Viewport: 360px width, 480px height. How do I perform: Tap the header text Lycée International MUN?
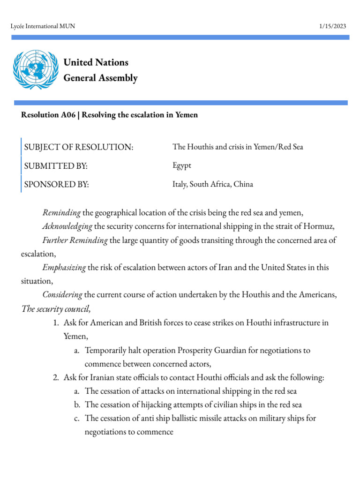point(43,26)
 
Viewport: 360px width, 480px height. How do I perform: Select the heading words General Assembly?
point(100,78)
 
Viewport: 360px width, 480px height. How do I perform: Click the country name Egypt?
point(182,165)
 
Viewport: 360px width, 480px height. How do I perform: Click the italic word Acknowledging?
point(67,227)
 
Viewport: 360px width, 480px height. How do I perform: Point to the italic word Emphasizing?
point(64,268)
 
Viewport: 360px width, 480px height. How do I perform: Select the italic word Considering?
point(62,295)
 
